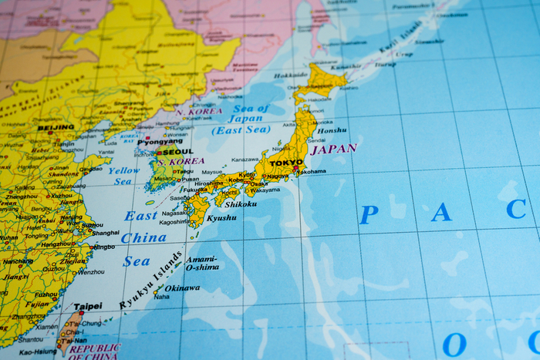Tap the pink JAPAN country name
pos(333,149)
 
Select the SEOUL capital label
pos(177,152)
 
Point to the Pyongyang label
pos(160,141)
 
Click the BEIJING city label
pos(56,127)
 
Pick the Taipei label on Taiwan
pos(87,306)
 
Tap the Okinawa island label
pos(183,288)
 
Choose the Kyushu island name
pos(222,218)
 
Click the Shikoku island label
pos(240,204)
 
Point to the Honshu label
pos(332,131)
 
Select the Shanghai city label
pos(106,232)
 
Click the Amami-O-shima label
pos(201,263)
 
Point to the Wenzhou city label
pos(91,271)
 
